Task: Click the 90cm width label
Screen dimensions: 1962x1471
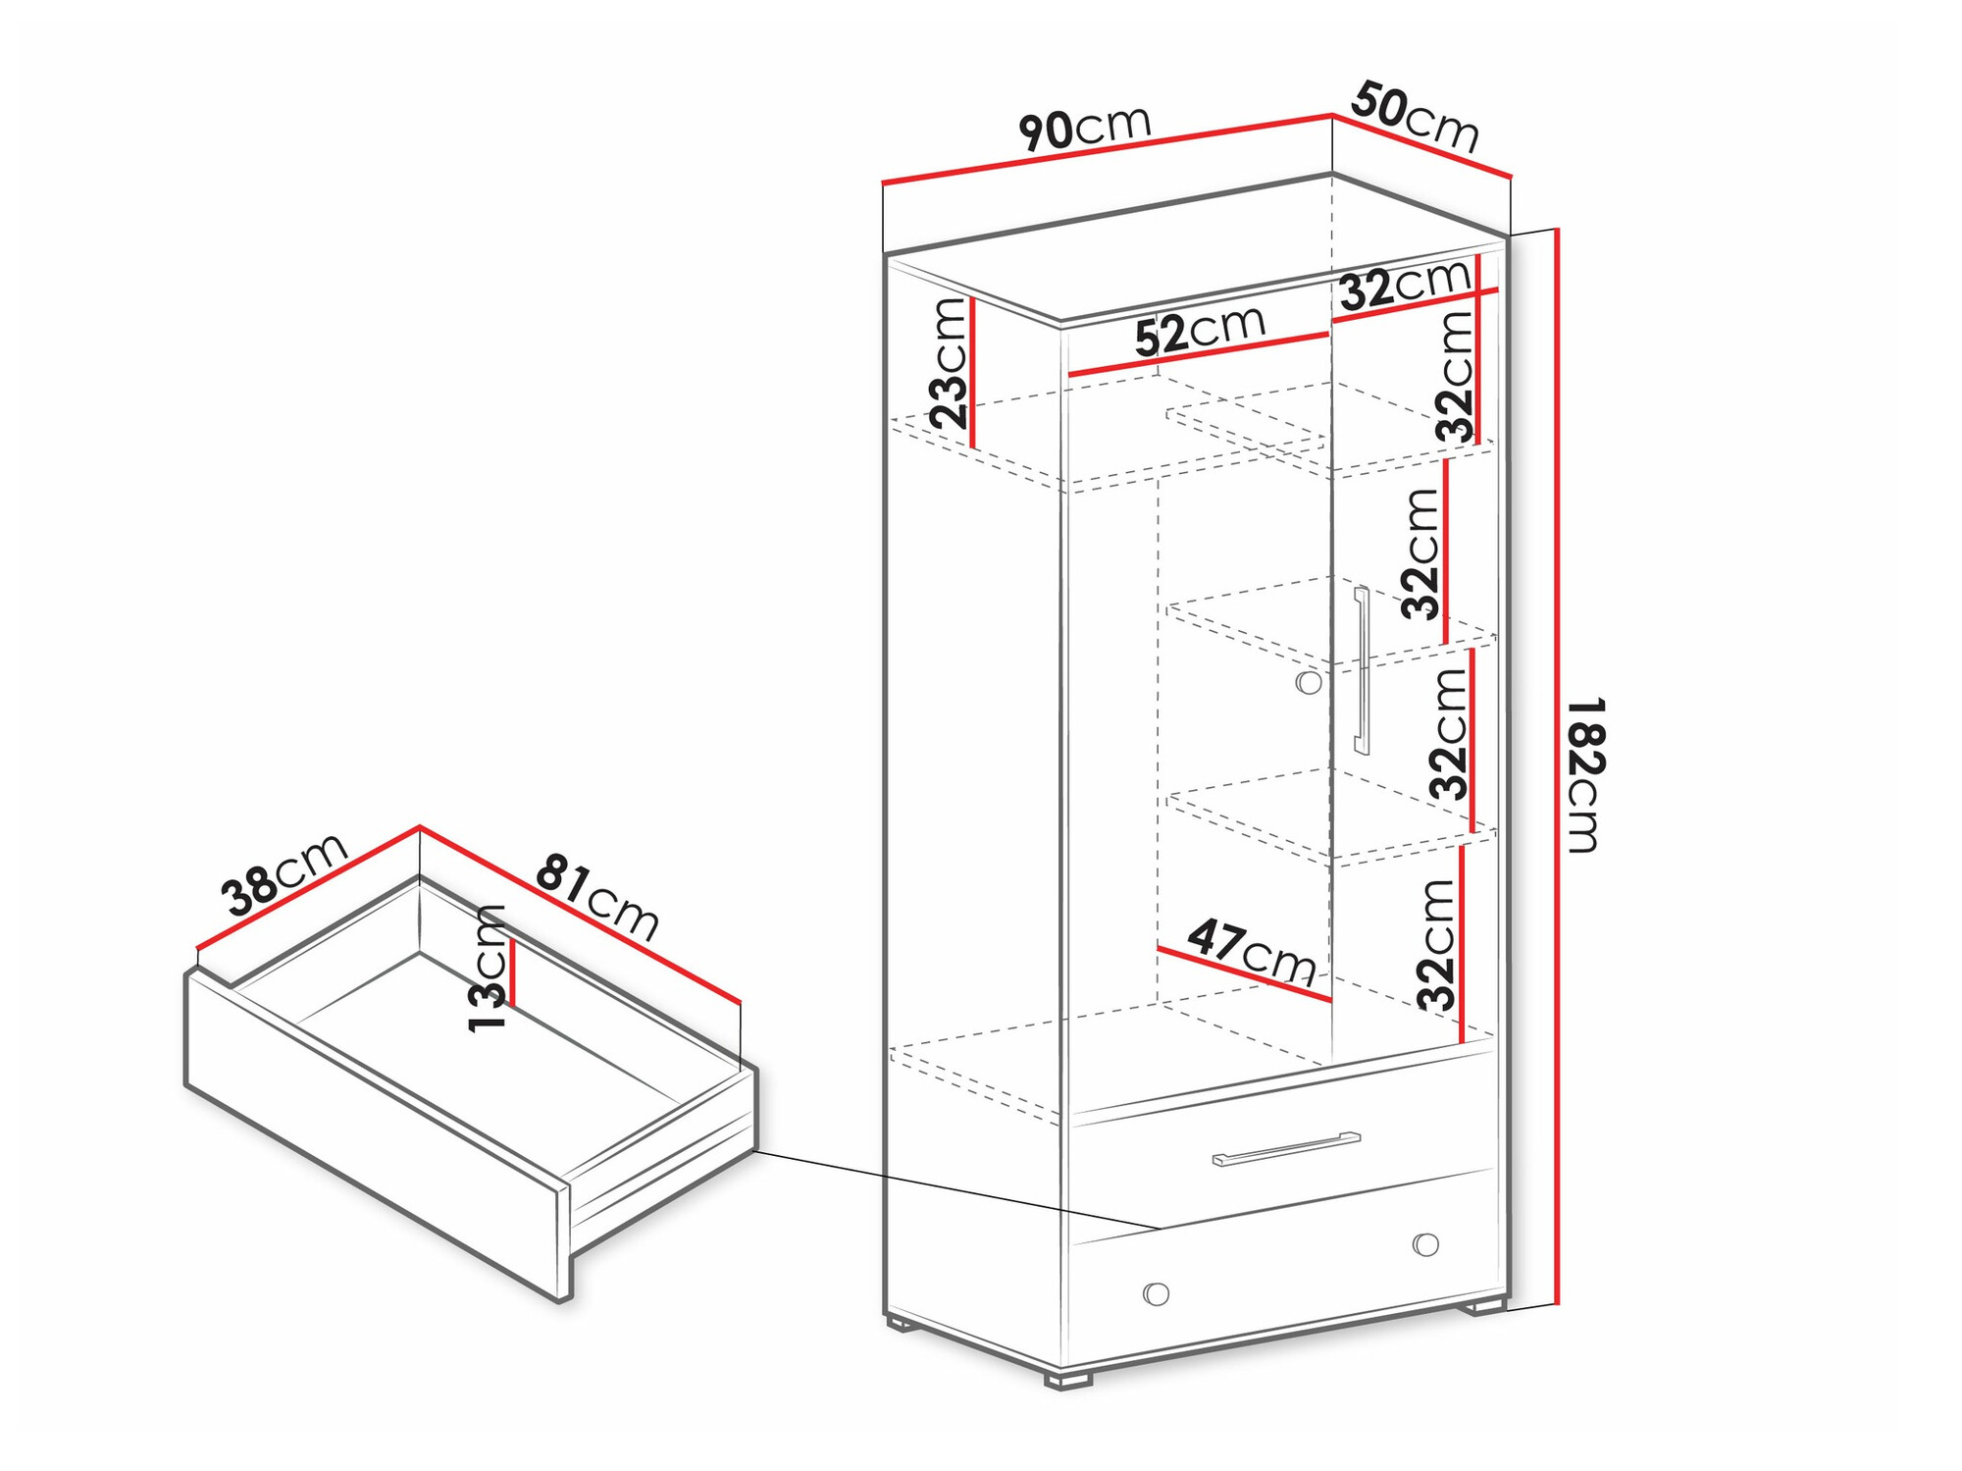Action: pos(1084,128)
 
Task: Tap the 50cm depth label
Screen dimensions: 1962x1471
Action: pos(1415,117)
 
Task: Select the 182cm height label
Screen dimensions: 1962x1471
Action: pos(1584,774)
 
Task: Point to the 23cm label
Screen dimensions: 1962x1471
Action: pos(950,363)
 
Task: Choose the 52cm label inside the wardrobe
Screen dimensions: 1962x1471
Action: pos(1200,331)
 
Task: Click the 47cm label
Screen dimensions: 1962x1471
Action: pos(1252,951)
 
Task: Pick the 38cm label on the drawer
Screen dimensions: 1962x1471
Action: pos(284,872)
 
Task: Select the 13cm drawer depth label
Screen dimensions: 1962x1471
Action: pos(488,968)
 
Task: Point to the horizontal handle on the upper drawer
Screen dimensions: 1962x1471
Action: pos(1286,1148)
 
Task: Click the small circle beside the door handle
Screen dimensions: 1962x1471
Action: pos(1309,683)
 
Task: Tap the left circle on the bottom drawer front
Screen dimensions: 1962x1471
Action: pos(1157,1293)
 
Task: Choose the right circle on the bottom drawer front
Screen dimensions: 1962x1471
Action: pos(1425,1244)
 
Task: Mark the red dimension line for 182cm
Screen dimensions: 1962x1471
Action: pos(1557,766)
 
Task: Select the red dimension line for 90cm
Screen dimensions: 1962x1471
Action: pos(1107,149)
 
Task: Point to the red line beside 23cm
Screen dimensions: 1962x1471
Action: pos(972,372)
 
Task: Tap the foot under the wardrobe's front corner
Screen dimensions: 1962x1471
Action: pos(1068,1379)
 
